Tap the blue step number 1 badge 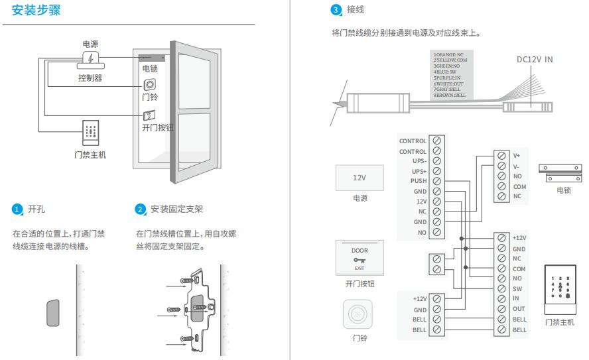tap(17, 210)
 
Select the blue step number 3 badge tap(335, 10)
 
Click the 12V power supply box tap(359, 178)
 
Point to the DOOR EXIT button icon tap(360, 259)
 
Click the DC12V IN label tap(535, 60)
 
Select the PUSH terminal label tap(418, 181)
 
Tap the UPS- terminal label tap(419, 160)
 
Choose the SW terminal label tap(517, 289)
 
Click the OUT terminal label tap(519, 309)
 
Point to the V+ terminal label tap(517, 156)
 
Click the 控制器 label tap(90, 78)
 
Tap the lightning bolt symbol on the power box tap(90, 58)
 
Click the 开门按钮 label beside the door tap(158, 127)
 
